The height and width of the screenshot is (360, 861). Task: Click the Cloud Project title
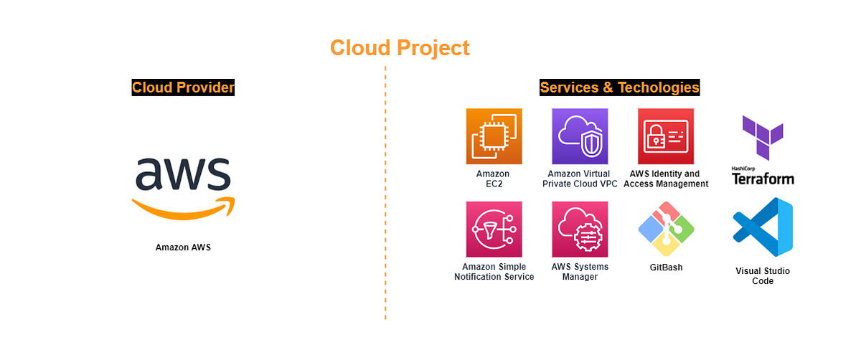pyautogui.click(x=400, y=48)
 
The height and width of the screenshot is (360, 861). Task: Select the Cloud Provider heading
pyautogui.click(x=184, y=87)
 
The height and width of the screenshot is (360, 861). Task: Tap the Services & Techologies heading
pyautogui.click(x=619, y=87)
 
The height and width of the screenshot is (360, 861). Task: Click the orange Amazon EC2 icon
pyautogui.click(x=493, y=136)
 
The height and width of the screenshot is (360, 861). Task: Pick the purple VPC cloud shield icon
pyautogui.click(x=580, y=136)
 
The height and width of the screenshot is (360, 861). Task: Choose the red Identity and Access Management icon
pyautogui.click(x=666, y=136)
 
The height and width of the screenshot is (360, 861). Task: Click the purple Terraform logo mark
pyautogui.click(x=762, y=138)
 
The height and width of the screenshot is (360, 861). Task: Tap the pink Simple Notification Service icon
pyautogui.click(x=494, y=229)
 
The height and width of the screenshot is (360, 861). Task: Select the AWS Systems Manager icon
pyautogui.click(x=580, y=229)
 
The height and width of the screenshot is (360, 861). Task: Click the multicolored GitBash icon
pyautogui.click(x=666, y=229)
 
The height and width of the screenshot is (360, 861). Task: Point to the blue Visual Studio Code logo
pyautogui.click(x=763, y=229)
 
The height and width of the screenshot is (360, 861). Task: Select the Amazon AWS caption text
pyautogui.click(x=184, y=247)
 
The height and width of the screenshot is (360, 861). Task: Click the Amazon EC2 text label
pyautogui.click(x=493, y=179)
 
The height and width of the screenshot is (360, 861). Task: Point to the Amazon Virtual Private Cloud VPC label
pyautogui.click(x=580, y=179)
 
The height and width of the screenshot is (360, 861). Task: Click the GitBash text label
pyautogui.click(x=666, y=267)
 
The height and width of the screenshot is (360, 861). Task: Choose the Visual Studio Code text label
pyautogui.click(x=763, y=276)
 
